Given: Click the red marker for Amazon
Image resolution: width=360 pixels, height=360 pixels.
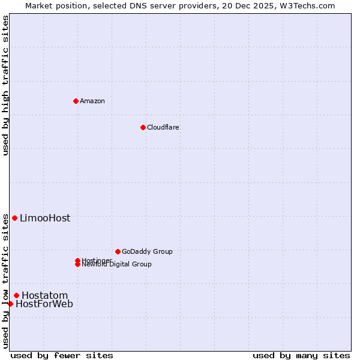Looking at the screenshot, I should click(76, 101).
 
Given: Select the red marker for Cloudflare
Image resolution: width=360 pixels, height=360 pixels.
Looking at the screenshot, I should click(143, 127).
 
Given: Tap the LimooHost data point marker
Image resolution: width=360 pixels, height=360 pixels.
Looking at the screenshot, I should click(14, 218).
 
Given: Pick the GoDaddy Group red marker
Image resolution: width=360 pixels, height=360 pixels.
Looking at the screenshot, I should click(118, 251).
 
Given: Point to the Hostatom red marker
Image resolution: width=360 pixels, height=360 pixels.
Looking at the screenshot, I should click(16, 295).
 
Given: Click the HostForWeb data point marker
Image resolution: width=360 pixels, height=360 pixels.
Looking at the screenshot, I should click(10, 304).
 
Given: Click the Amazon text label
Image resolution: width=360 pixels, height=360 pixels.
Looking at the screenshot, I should click(92, 101).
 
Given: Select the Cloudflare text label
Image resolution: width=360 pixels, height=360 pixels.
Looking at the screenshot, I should click(163, 127).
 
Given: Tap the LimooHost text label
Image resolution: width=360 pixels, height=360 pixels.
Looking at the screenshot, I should click(45, 218).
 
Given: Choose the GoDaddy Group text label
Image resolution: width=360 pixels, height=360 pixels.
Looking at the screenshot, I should click(147, 251).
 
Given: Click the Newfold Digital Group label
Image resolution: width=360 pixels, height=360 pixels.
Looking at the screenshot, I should click(117, 265).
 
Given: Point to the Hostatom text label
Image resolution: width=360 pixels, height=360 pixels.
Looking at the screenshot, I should click(45, 295).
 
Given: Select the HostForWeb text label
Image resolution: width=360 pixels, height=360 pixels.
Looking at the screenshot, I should click(44, 304).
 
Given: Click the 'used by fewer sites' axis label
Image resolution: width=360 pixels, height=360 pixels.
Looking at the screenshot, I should click(62, 355).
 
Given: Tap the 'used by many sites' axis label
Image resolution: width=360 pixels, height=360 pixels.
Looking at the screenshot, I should click(301, 355).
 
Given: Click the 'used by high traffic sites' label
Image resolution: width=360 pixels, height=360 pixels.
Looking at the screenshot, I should click(6, 85).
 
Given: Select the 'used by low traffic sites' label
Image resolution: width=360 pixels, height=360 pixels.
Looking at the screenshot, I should click(6, 281).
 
